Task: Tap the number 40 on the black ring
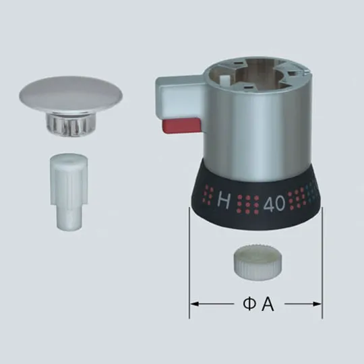(x=274, y=202)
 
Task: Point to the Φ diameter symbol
(x=248, y=305)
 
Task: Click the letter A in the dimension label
(x=268, y=305)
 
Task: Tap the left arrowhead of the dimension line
(x=193, y=305)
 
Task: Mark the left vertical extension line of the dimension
(x=189, y=263)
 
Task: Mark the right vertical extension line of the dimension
(x=322, y=263)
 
